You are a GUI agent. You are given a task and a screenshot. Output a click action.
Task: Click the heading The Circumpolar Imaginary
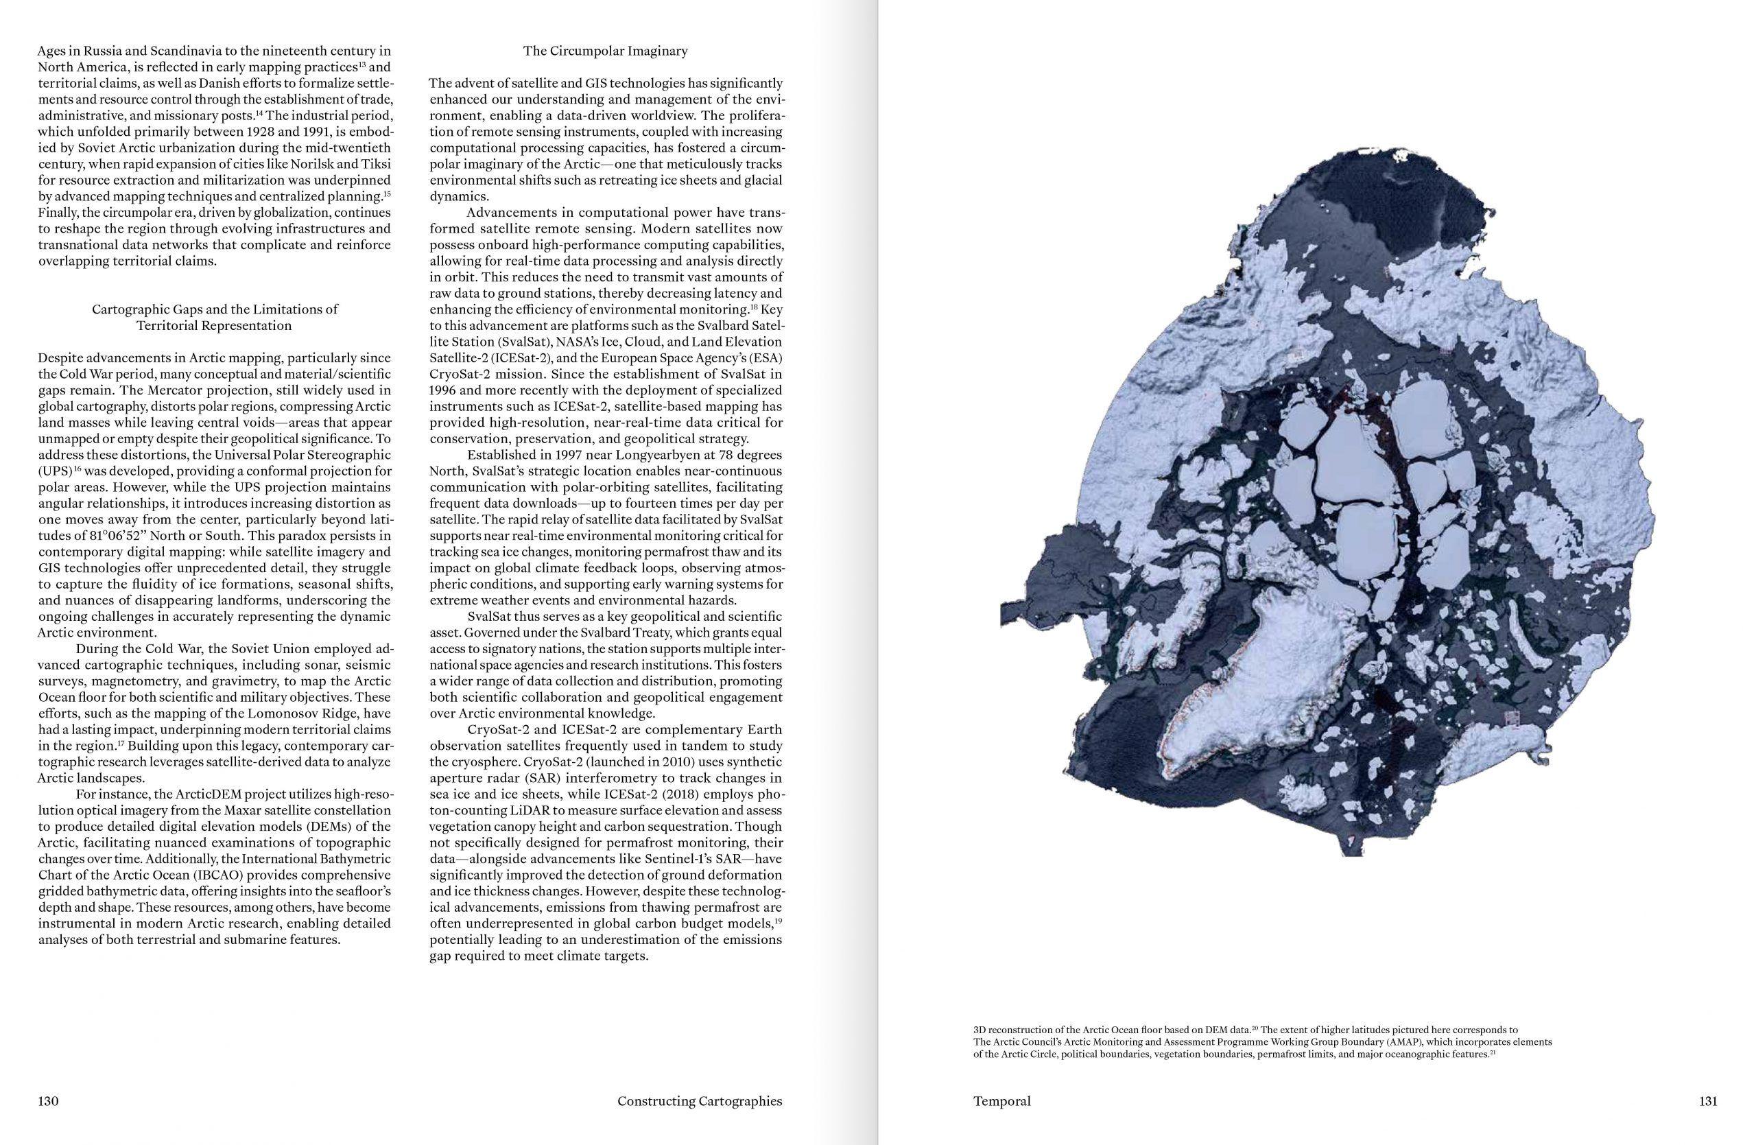(605, 51)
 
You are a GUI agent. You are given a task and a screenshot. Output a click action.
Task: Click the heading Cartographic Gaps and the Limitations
(215, 309)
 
